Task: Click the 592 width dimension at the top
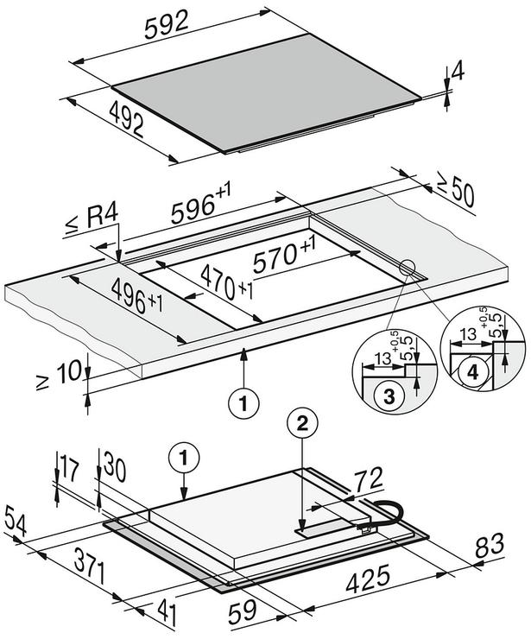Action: (167, 24)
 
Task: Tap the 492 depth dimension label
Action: (127, 119)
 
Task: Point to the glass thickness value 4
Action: (458, 73)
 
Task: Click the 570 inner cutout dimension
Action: (284, 255)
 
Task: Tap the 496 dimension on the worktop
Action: (137, 295)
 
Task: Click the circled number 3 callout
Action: (389, 395)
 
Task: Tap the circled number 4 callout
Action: (472, 372)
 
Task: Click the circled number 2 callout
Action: (302, 424)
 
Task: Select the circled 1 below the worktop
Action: (243, 404)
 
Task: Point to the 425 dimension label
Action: (368, 579)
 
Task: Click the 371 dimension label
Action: (90, 566)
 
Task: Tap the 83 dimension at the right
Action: (490, 546)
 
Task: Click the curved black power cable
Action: (386, 515)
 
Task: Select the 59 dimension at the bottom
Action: (242, 612)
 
